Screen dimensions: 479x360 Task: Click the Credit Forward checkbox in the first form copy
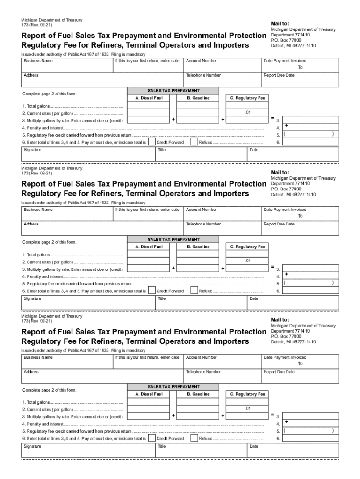click(151, 142)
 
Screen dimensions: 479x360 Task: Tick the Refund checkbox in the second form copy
click(194, 291)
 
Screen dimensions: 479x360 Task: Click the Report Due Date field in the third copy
click(300, 377)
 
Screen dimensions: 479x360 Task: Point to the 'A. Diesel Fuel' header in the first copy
click(149, 98)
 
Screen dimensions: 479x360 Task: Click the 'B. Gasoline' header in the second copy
click(198, 247)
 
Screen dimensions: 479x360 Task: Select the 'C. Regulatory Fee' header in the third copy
click(247, 395)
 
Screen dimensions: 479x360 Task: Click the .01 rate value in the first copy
click(247, 113)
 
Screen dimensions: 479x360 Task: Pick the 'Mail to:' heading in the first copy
click(280, 23)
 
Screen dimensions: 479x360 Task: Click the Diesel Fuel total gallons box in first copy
click(149, 106)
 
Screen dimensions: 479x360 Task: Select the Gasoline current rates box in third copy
click(198, 409)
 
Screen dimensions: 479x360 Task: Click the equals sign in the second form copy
click(272, 267)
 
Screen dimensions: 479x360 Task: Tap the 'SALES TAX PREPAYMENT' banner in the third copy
click(173, 387)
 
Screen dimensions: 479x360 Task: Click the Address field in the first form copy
click(101, 80)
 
